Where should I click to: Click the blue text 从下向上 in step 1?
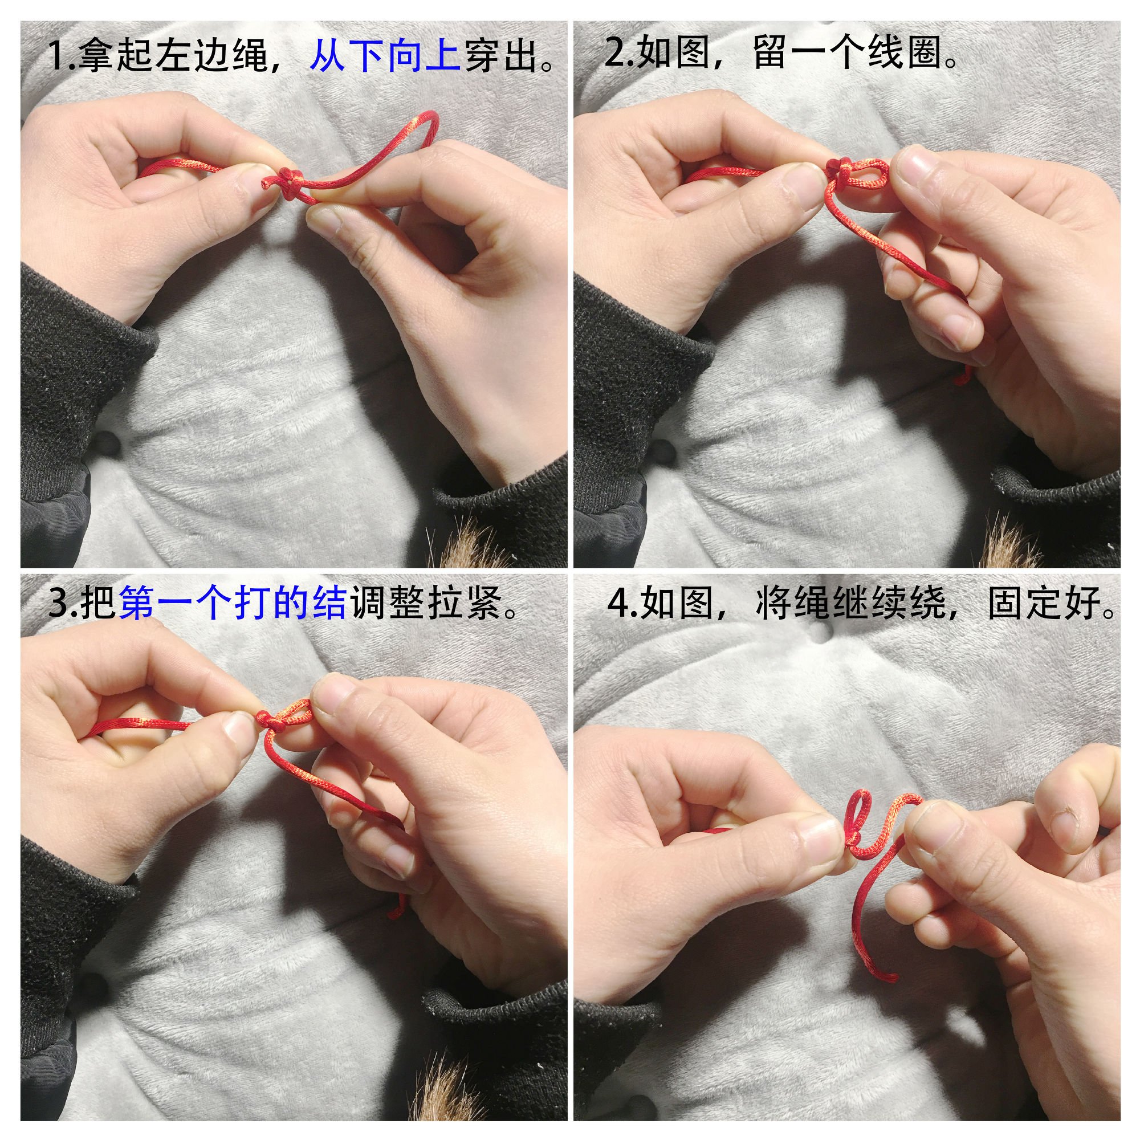(385, 56)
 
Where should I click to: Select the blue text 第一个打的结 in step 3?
(233, 604)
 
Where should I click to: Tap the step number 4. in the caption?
(623, 604)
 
